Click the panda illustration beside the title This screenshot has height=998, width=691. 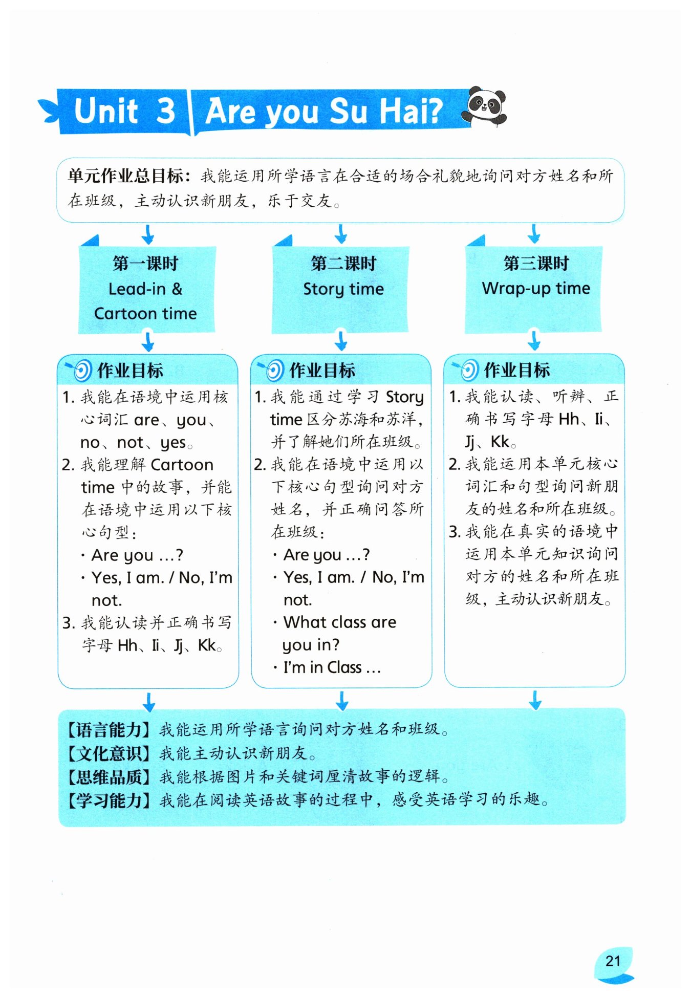pyautogui.click(x=484, y=106)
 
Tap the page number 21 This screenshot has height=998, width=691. pyautogui.click(x=613, y=961)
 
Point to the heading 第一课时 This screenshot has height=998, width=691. pyautogui.click(x=146, y=264)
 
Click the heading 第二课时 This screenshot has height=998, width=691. pyautogui.click(x=343, y=264)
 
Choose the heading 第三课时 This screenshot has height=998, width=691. pyautogui.click(x=536, y=264)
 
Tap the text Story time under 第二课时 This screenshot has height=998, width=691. pyautogui.click(x=343, y=289)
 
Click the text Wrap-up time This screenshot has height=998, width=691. pyautogui.click(x=536, y=289)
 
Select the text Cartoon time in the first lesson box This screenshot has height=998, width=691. pyautogui.click(x=146, y=313)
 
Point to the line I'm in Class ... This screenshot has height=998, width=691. pyautogui.click(x=332, y=667)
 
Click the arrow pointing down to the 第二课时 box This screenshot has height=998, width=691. pyautogui.click(x=341, y=234)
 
